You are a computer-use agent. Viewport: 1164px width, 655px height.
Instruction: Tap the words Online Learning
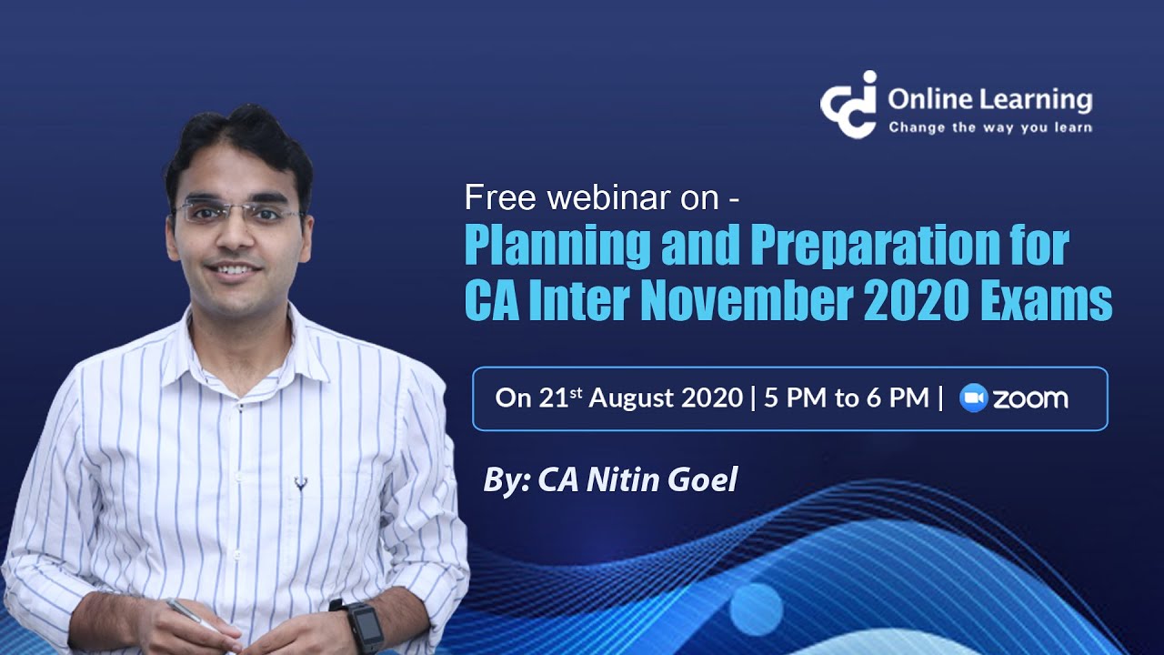[x=989, y=99]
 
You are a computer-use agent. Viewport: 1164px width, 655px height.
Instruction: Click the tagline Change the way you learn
[x=989, y=128]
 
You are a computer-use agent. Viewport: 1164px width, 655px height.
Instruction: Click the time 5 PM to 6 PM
[x=846, y=398]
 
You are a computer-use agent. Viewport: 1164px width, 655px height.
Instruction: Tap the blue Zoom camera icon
[x=974, y=398]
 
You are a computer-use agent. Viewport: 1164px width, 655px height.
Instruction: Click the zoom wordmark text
[x=1030, y=398]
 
